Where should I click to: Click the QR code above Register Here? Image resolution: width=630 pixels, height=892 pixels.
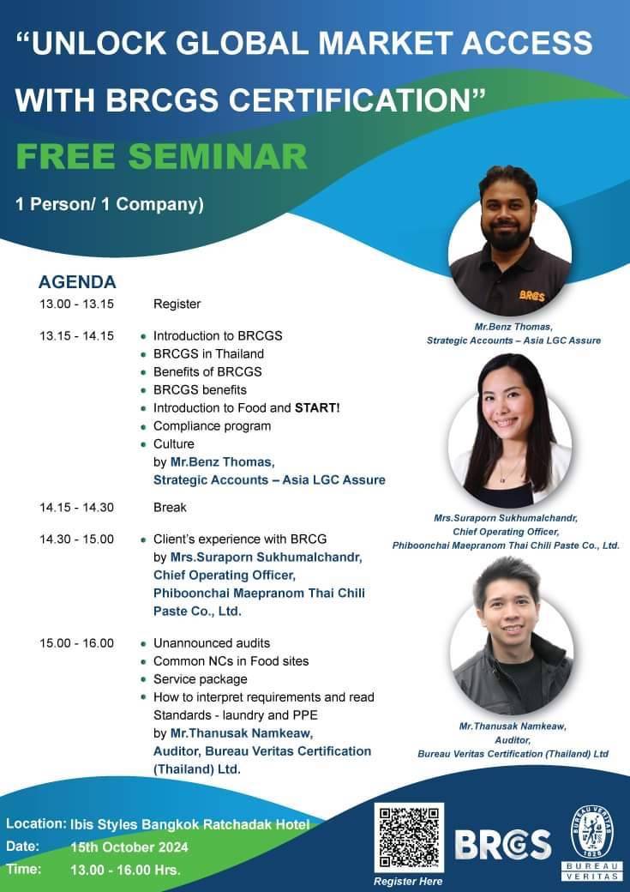point(409,837)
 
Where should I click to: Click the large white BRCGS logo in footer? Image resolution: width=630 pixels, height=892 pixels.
point(502,845)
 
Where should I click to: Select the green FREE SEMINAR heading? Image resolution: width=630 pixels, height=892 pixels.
point(161,156)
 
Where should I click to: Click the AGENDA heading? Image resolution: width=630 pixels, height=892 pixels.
point(77,281)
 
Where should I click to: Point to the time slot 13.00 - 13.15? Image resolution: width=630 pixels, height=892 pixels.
point(77,304)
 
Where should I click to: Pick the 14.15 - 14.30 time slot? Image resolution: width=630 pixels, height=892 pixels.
point(77,508)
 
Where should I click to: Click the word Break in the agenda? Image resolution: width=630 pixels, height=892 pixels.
point(170,508)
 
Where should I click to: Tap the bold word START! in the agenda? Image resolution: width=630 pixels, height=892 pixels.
point(317,408)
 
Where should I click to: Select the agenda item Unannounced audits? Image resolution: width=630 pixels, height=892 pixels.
point(212,643)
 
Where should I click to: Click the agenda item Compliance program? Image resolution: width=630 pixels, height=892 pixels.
point(212,426)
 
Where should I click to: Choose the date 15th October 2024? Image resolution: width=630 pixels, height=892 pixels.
point(129,847)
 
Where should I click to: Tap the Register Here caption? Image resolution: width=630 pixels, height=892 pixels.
point(408,881)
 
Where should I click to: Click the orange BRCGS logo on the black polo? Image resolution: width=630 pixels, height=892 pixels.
point(532,295)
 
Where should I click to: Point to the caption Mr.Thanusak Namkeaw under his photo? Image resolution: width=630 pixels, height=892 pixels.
point(513,726)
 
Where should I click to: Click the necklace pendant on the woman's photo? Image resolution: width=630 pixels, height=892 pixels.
point(502,479)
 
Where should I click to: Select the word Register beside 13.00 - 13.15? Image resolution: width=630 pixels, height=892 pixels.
point(177,304)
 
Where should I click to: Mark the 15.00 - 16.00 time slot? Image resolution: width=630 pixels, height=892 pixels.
point(77,643)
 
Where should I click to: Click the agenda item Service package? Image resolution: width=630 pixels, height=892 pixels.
point(201,679)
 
